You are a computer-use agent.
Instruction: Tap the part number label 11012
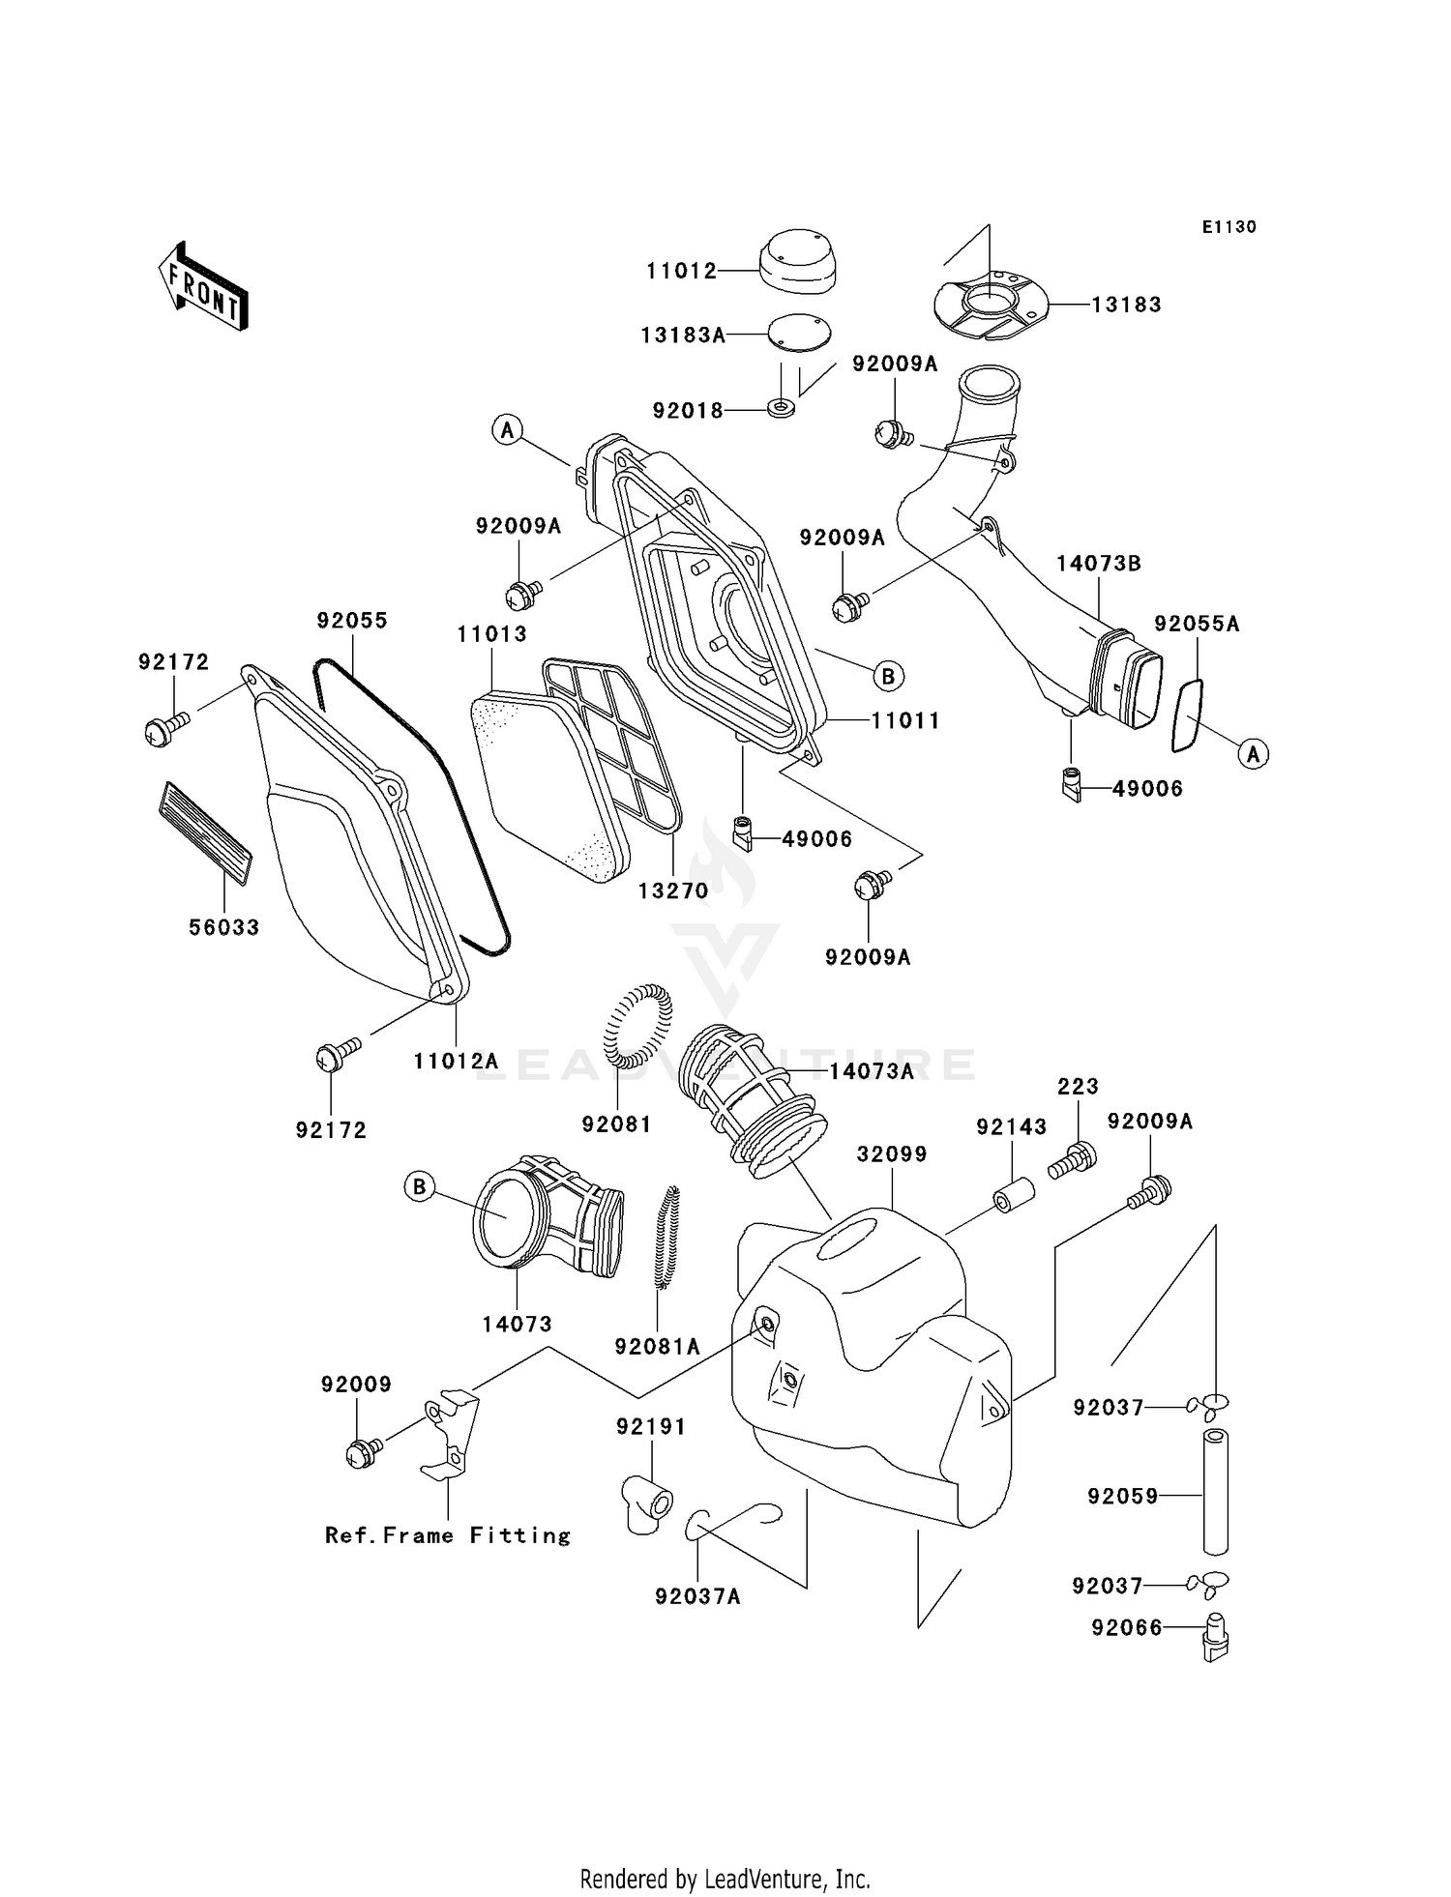682,272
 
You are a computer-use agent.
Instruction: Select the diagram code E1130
1229,227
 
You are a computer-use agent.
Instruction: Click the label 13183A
683,336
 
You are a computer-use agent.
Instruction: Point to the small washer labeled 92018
782,407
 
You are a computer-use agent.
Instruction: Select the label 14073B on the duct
1098,564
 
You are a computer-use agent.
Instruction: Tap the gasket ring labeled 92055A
1187,715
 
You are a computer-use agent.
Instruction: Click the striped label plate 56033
205,833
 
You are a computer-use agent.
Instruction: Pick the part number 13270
673,891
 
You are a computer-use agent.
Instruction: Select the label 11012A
456,1061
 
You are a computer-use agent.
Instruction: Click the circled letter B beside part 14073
419,1187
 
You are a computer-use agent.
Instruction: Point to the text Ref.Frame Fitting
448,1535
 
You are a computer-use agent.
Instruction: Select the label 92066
1126,1628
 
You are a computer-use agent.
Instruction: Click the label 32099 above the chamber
892,1154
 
